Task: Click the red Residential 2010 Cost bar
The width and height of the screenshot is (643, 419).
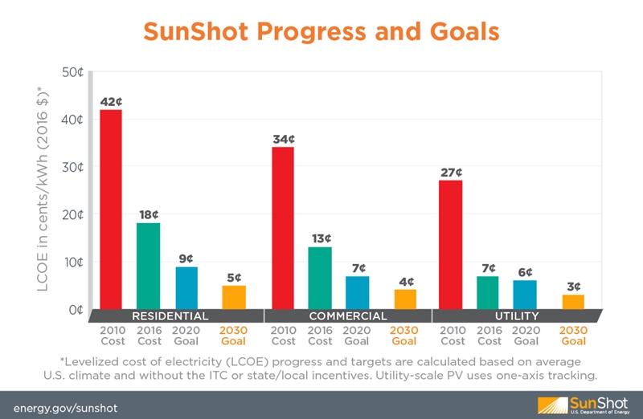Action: click(111, 209)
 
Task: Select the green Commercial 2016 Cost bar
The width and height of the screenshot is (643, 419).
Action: click(320, 278)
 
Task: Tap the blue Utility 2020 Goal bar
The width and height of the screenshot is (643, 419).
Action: click(525, 294)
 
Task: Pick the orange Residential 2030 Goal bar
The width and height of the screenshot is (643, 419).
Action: click(233, 296)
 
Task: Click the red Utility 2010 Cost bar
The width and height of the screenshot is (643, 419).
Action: click(451, 244)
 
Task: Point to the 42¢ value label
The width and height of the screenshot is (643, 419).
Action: click(111, 102)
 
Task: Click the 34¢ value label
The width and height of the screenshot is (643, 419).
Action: click(283, 140)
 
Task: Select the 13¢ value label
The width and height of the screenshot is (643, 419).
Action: click(320, 238)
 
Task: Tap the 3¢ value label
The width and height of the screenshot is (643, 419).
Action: click(573, 287)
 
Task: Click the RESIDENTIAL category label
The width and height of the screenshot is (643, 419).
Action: click(170, 315)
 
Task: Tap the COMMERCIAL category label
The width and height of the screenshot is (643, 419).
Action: click(348, 315)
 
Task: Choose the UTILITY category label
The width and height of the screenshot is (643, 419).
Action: click(517, 315)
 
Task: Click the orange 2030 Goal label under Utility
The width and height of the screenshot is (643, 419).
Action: click(573, 336)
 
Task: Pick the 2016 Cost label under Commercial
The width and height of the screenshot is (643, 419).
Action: click(320, 336)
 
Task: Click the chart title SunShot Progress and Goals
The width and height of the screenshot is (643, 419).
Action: click(321, 31)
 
